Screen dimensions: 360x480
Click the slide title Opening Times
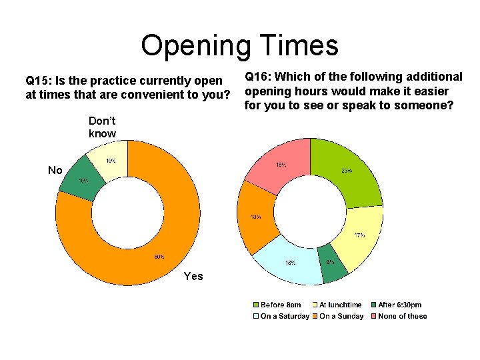(x=239, y=45)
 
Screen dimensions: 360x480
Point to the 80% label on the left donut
(x=160, y=257)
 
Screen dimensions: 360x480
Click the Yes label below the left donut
(x=193, y=276)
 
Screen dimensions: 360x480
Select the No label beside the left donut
(x=55, y=171)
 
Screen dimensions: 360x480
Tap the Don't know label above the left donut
(x=102, y=127)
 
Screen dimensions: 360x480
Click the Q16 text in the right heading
(x=257, y=77)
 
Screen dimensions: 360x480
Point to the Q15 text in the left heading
(x=37, y=81)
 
